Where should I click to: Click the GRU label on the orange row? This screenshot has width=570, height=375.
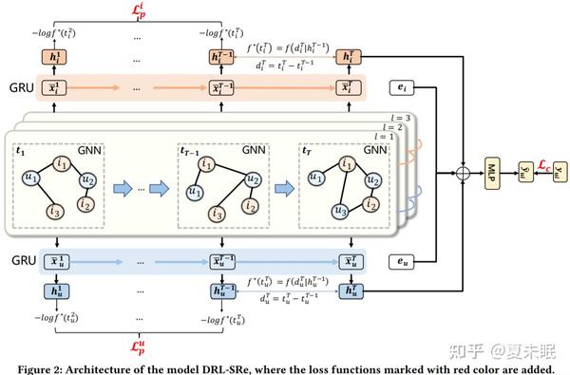21,89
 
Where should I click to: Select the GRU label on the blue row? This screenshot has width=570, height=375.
21,259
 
